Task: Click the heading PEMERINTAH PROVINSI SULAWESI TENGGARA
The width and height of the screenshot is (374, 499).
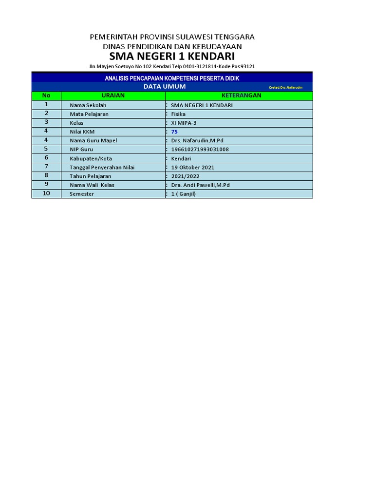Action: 172,37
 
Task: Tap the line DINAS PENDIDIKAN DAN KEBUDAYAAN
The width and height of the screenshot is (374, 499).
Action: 172,46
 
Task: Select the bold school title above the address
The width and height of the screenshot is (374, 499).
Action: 172,57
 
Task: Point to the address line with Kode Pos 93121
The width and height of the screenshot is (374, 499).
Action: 172,66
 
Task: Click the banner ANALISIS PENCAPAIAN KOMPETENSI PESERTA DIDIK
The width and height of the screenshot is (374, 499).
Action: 172,78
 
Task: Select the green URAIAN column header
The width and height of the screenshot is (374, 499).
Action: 113,96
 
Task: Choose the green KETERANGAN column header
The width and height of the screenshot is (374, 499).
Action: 241,96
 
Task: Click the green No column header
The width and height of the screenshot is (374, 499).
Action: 46,96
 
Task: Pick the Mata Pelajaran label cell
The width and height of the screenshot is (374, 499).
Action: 89,114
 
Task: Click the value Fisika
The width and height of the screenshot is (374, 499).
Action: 178,114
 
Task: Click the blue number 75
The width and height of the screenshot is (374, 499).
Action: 174,132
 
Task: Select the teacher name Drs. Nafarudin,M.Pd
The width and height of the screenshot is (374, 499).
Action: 197,140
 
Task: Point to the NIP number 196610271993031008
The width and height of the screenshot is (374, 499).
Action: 200,149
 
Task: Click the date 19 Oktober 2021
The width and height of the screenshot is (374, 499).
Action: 192,167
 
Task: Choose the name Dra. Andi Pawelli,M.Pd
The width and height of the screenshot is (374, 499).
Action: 200,185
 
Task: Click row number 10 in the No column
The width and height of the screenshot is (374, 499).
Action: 46,193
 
